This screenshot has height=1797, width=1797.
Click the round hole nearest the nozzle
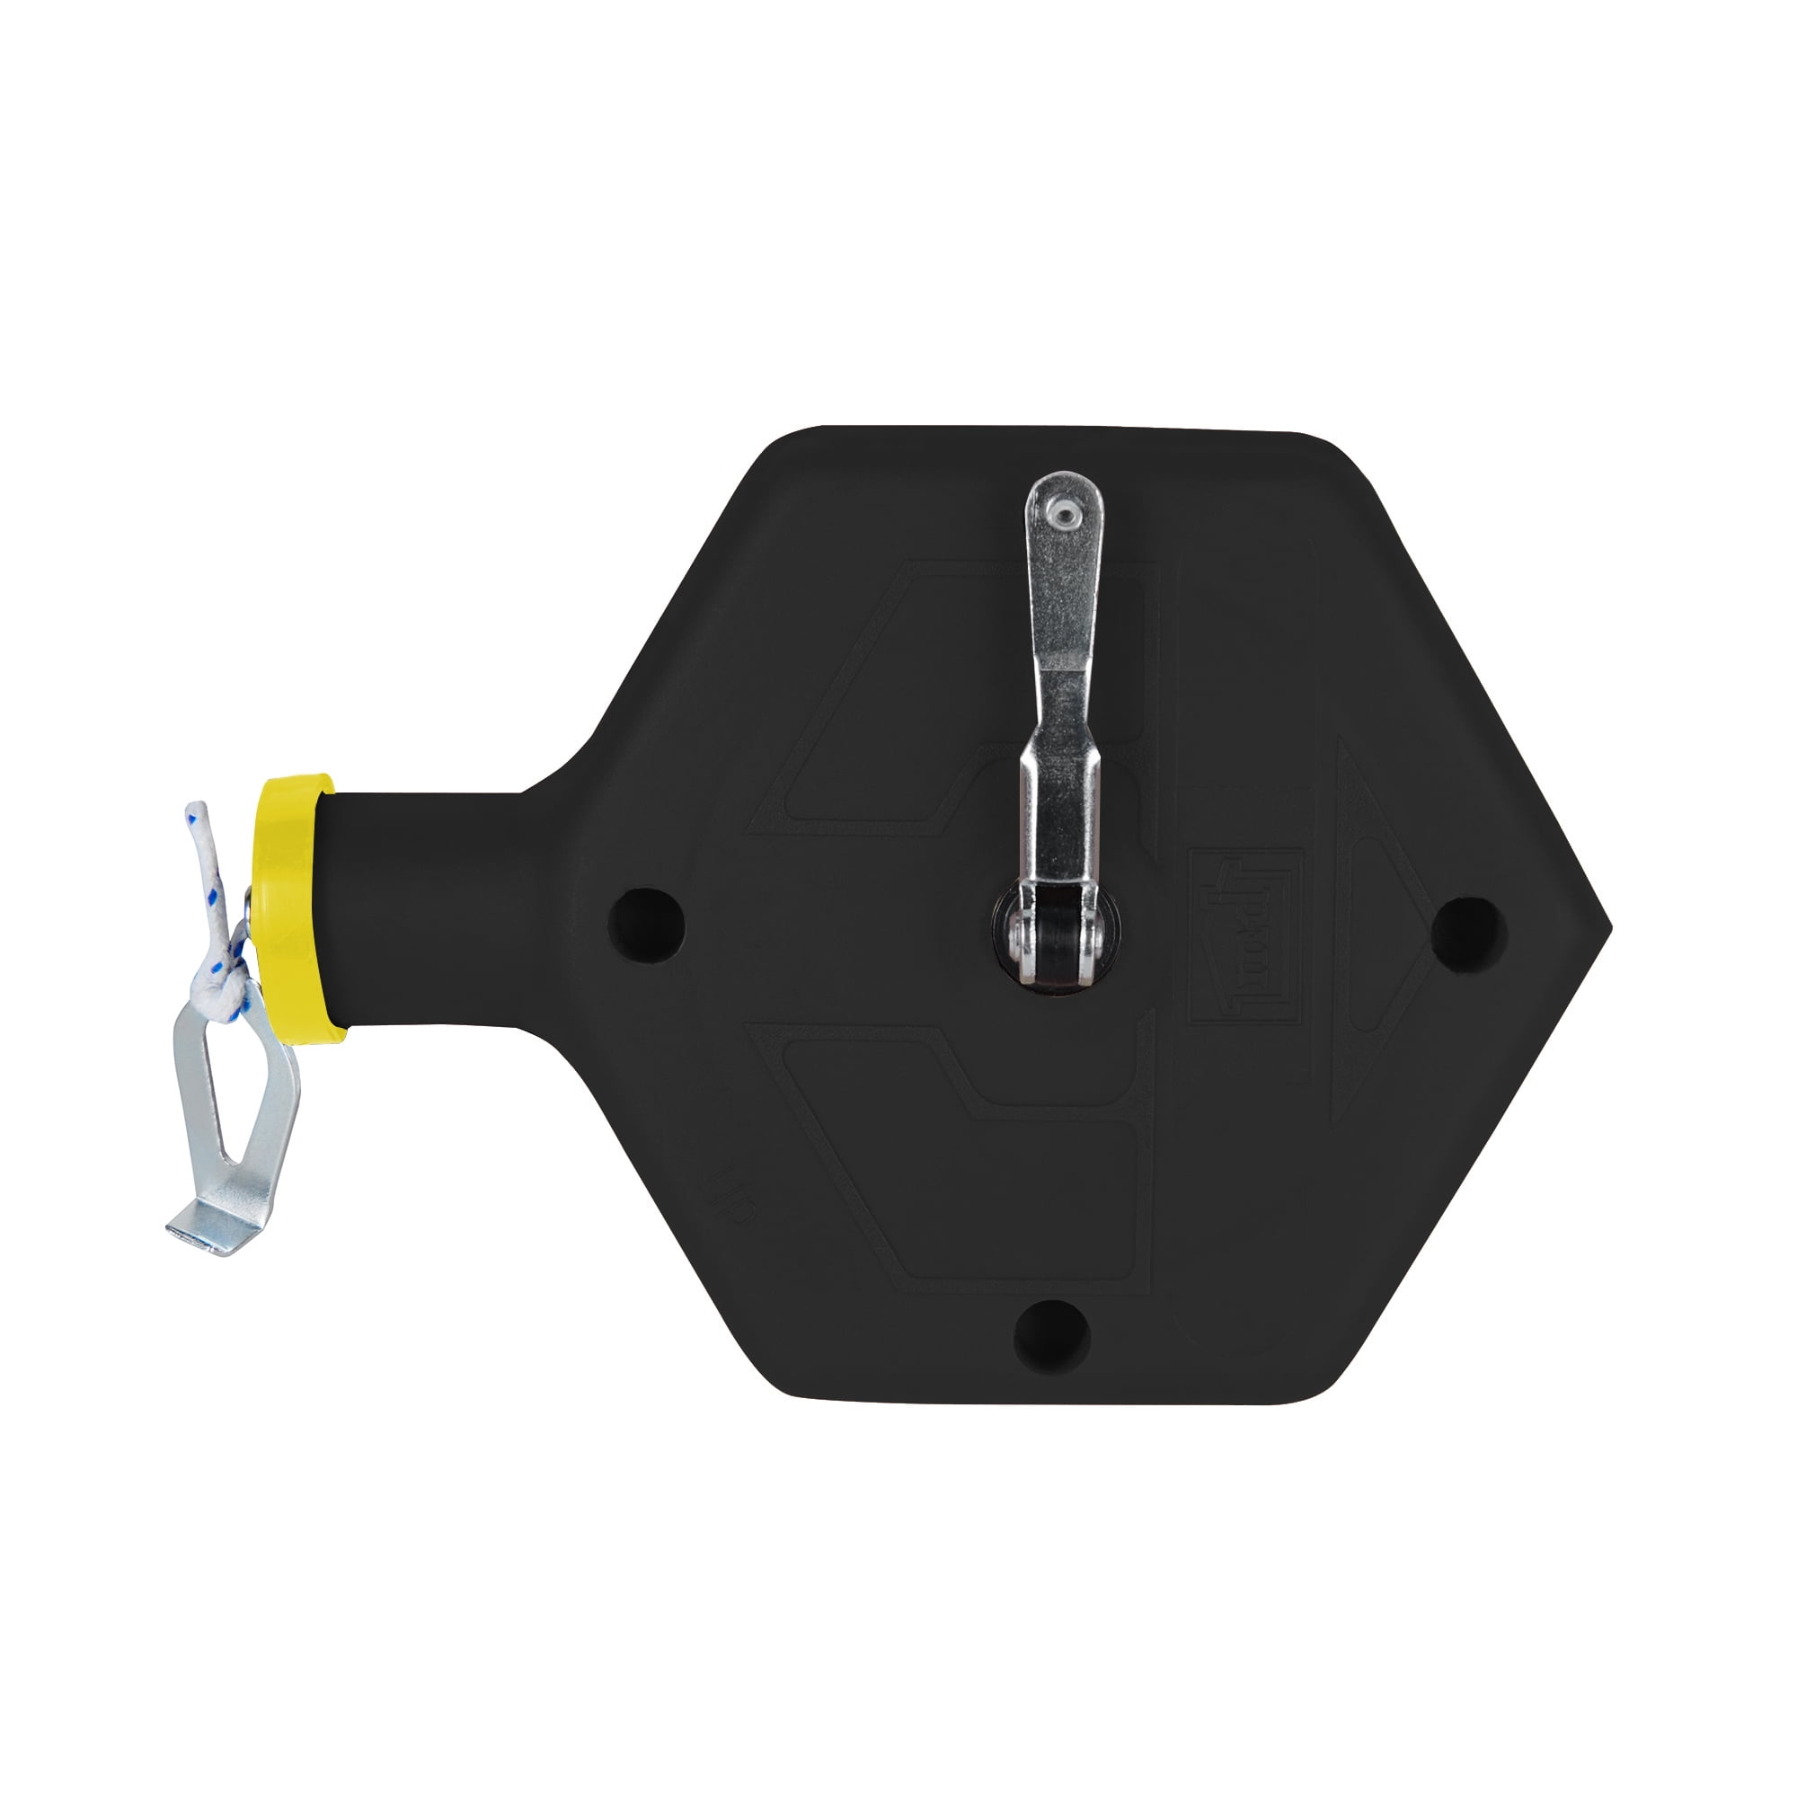[x=645, y=925]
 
